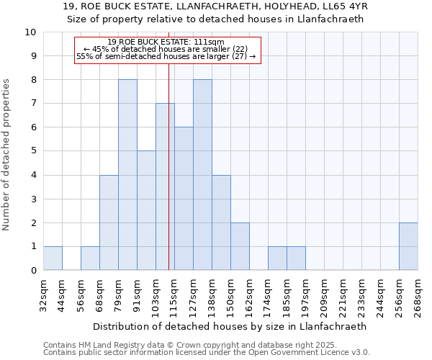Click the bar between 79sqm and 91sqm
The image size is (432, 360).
(x=127, y=175)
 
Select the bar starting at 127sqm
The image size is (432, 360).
(x=202, y=175)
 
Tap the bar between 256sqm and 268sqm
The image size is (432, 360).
(x=408, y=246)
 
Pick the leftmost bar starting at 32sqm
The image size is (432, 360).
(x=53, y=258)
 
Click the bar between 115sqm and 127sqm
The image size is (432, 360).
(x=184, y=199)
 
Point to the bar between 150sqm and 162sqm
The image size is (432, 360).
(x=240, y=246)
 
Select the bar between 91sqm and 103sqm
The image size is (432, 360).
(x=146, y=210)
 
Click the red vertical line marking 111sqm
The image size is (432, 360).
(x=168, y=166)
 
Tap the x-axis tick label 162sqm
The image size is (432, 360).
(x=249, y=296)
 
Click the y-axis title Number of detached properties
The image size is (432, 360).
(x=6, y=156)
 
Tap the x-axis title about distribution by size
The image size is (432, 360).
(x=230, y=326)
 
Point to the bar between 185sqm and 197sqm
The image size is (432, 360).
(x=296, y=258)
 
